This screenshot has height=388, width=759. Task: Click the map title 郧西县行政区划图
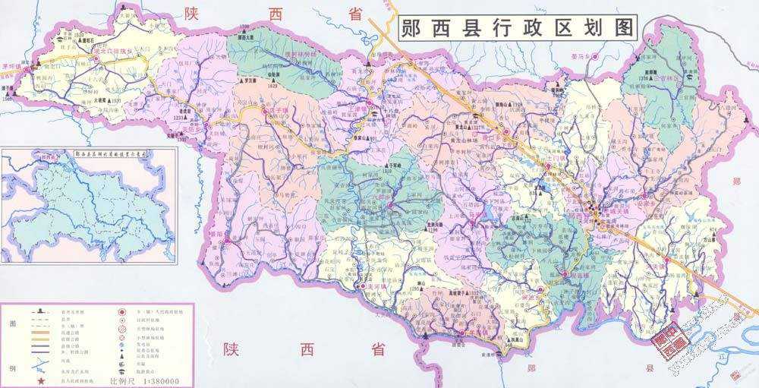click(518, 28)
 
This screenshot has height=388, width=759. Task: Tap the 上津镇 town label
click(366, 109)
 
